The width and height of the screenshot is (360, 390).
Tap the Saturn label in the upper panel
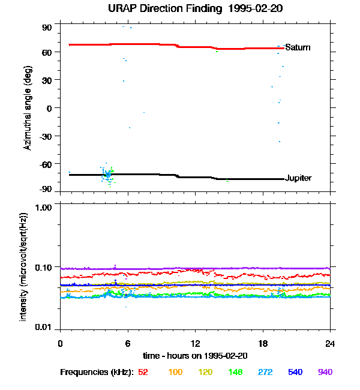pyautogui.click(x=298, y=47)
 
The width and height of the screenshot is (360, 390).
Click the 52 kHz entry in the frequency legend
pyautogui.click(x=143, y=372)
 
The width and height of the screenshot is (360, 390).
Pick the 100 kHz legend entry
pyautogui.click(x=175, y=372)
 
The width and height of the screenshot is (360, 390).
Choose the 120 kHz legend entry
pyautogui.click(x=205, y=372)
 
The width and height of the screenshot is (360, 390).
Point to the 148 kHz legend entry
pyautogui.click(x=235, y=372)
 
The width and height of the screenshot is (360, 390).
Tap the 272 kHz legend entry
pyautogui.click(x=265, y=372)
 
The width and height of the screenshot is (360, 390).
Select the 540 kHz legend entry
pyautogui.click(x=295, y=372)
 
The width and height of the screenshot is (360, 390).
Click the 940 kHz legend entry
pyautogui.click(x=325, y=372)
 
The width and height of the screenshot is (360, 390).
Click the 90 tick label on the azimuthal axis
pyautogui.click(x=47, y=28)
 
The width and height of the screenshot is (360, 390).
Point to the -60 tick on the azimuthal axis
pyautogui.click(x=46, y=163)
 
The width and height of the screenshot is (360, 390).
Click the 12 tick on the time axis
pyautogui.click(x=195, y=343)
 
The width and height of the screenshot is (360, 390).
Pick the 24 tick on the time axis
pyautogui.click(x=330, y=343)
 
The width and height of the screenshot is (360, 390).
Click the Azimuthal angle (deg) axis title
pyautogui.click(x=28, y=108)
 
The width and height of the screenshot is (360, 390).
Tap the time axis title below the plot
pyautogui.click(x=194, y=356)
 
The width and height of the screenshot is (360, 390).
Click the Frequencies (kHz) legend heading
pyautogui.click(x=97, y=372)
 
